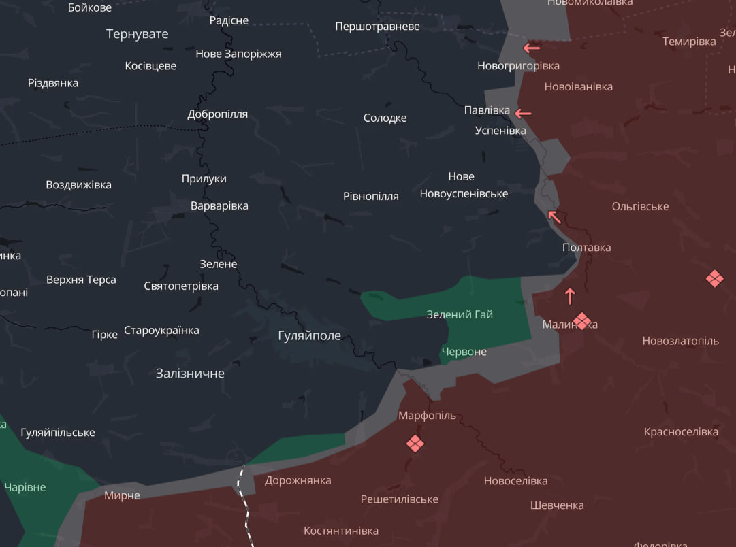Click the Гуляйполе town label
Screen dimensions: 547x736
coord(310,335)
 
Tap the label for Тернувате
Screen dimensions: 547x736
coord(137,34)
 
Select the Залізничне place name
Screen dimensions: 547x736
coord(190,374)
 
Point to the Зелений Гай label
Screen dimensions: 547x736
coord(460,314)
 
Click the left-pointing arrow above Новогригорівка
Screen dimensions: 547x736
coord(532,48)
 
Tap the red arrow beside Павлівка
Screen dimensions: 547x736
coord(523,113)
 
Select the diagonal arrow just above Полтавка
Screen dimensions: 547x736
coord(555,217)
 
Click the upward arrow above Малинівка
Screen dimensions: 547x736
coord(570,296)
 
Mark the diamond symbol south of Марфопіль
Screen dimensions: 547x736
coord(415,444)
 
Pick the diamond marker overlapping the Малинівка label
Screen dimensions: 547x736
coord(581,320)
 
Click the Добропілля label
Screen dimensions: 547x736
coord(218,114)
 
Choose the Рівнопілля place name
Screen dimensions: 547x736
coord(371,196)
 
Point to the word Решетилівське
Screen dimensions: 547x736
coord(400,499)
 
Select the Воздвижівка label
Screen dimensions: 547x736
coord(78,185)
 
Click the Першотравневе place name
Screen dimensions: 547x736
coord(377,27)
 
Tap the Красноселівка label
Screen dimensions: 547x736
coord(681,432)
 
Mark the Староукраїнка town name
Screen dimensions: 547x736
coord(161,331)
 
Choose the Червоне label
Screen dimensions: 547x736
coord(464,352)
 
